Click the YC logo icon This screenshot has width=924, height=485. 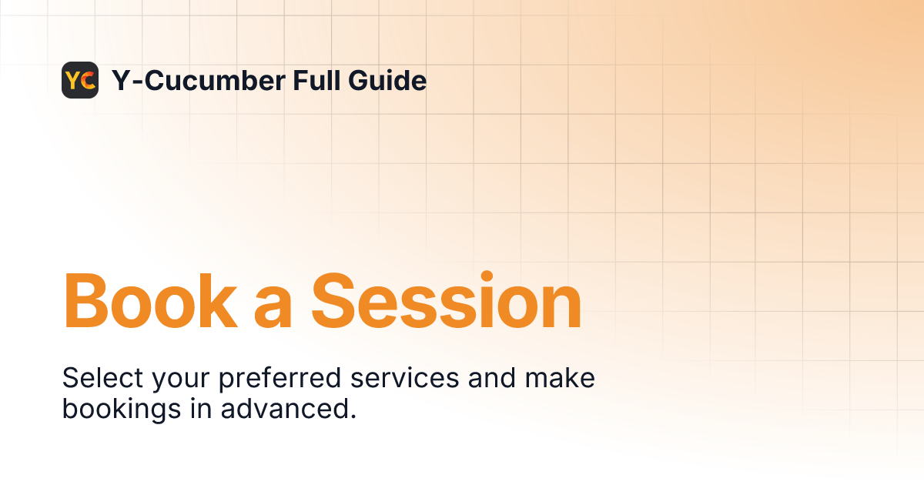pyautogui.click(x=80, y=80)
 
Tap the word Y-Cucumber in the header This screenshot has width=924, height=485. pyautogui.click(x=196, y=80)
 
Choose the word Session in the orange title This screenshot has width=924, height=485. pyautogui.click(x=446, y=302)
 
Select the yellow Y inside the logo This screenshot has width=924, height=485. pyautogui.click(x=74, y=80)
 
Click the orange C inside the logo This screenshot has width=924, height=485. pyautogui.click(x=88, y=80)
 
